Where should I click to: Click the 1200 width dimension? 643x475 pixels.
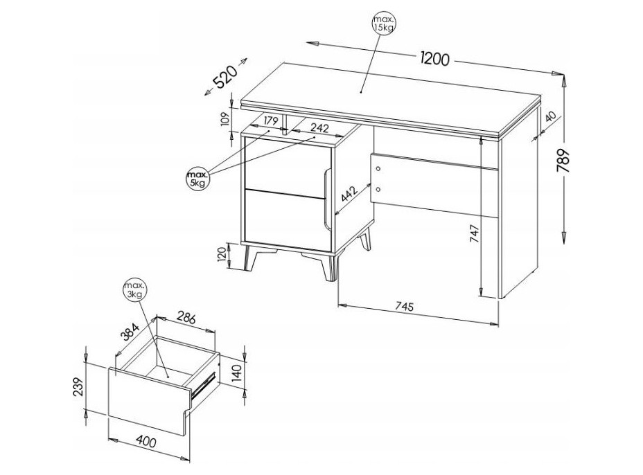click(x=434, y=60)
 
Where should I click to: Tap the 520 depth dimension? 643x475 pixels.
click(x=226, y=77)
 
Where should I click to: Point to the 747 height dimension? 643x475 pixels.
click(x=474, y=233)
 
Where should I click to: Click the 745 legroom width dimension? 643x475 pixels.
click(x=405, y=306)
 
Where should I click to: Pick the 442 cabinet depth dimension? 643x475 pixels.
click(x=350, y=194)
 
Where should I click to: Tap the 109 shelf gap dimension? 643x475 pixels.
click(x=224, y=119)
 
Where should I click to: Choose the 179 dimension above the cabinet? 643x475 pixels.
click(x=271, y=121)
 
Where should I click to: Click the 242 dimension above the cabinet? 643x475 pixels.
click(x=319, y=128)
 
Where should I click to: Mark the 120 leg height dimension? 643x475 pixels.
click(x=222, y=256)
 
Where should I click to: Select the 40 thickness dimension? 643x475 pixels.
click(x=550, y=117)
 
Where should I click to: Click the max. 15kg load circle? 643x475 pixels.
click(x=385, y=24)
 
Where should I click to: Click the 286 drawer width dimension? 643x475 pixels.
click(x=186, y=319)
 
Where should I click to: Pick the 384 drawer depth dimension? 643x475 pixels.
click(x=131, y=332)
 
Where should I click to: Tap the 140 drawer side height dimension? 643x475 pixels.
click(x=238, y=373)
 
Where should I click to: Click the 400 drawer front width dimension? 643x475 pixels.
click(x=146, y=441)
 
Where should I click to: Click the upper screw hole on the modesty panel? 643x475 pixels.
click(x=378, y=169)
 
